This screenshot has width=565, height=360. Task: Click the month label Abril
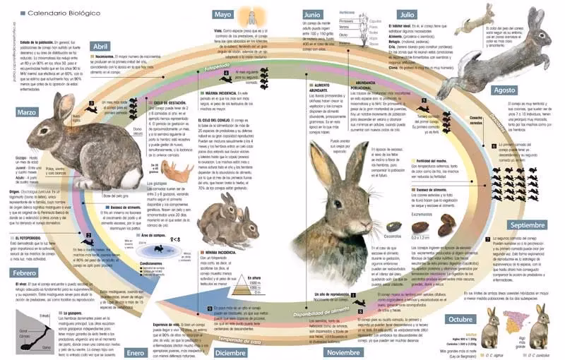point(100,47)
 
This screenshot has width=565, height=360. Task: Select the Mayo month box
point(223,14)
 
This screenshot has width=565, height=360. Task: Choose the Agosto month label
point(504,90)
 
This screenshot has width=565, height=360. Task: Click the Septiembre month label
point(528,225)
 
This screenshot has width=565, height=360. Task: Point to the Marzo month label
point(28,112)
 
